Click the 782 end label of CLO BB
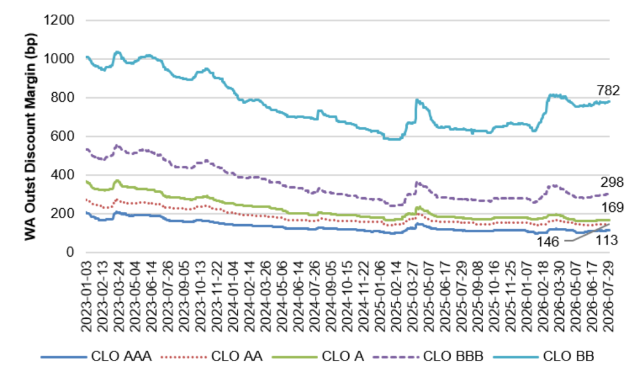click(x=608, y=90)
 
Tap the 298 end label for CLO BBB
click(x=612, y=182)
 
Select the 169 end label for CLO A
click(x=612, y=208)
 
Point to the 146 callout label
click(x=548, y=241)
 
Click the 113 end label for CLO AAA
click(x=606, y=240)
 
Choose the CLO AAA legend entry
click(x=96, y=356)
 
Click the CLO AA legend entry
click(x=211, y=356)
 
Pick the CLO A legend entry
click(x=318, y=356)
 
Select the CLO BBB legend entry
click(x=428, y=356)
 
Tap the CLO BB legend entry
click(x=544, y=356)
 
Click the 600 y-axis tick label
click(x=63, y=136)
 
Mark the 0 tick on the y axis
click(x=71, y=252)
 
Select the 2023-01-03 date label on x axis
click(x=87, y=296)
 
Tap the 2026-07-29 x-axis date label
click(x=609, y=296)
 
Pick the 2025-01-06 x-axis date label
click(x=380, y=296)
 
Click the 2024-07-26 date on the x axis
click(x=315, y=296)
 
